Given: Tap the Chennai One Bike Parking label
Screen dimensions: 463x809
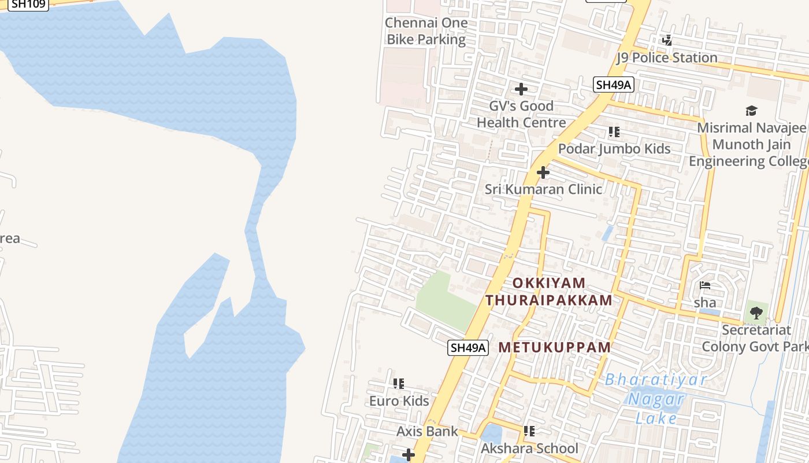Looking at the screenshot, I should tap(426, 31).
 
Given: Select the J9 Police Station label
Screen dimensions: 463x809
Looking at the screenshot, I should tap(667, 57).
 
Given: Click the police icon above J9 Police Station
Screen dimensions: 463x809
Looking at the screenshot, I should tap(667, 40).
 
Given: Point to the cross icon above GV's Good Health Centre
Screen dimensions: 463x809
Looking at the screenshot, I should tap(521, 89).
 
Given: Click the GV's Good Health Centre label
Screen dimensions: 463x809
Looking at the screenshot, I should tap(521, 114).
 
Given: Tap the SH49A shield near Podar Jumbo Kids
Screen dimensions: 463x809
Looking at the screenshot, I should tap(614, 85).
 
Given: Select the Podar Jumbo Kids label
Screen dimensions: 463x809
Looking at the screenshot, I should tap(614, 149).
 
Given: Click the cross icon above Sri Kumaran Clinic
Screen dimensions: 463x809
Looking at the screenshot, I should tap(543, 172).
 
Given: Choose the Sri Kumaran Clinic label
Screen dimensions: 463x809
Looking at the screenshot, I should tap(543, 189).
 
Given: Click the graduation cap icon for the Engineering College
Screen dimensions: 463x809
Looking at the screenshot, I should tap(751, 111).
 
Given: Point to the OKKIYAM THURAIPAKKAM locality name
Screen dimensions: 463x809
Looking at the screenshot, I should tap(549, 292).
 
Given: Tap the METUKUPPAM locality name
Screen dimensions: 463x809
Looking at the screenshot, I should tap(555, 347).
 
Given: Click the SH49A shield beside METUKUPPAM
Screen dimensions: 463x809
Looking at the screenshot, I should tap(468, 348).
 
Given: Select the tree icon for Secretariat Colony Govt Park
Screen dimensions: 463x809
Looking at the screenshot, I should tap(756, 313).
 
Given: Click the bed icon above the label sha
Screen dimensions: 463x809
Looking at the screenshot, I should tap(705, 285).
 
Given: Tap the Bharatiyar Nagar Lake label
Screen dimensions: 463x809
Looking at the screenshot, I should tap(656, 399).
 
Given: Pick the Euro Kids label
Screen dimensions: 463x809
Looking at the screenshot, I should tap(399, 401).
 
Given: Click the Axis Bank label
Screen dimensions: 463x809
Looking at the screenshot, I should tap(427, 431).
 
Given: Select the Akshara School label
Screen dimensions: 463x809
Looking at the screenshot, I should tap(529, 449).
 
